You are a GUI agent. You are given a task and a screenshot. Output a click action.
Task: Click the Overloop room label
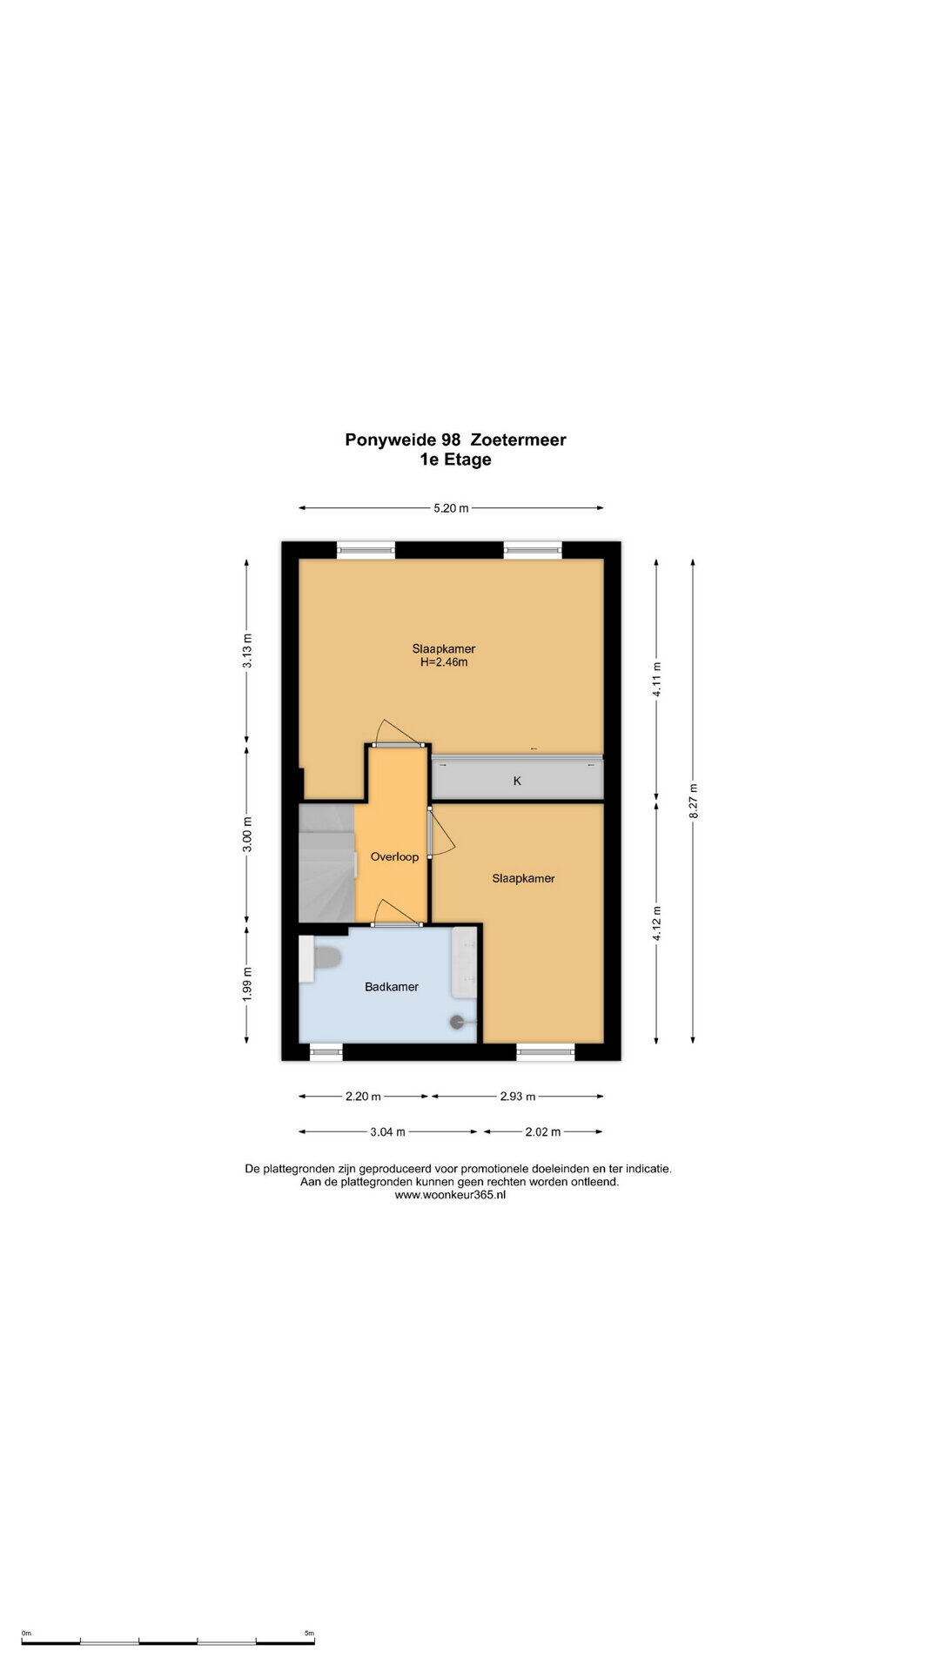394,856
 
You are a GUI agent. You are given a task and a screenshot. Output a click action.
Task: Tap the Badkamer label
392,986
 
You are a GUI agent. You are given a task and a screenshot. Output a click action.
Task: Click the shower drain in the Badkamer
458,1023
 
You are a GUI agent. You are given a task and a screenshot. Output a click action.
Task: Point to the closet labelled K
517,777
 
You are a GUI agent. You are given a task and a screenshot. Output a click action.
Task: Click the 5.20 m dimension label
451,508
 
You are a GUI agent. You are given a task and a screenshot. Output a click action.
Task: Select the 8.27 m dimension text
694,802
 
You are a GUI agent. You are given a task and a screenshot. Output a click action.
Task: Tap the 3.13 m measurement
247,650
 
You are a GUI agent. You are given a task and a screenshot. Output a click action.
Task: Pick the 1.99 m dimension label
247,984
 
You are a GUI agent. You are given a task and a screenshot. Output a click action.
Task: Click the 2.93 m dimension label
517,1097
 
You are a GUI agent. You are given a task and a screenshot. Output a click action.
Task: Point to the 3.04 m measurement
388,1132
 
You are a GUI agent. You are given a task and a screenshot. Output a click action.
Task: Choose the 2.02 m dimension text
543,1132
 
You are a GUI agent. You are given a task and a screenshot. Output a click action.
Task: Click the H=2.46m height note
444,662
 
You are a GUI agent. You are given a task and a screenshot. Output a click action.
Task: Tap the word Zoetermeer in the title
518,440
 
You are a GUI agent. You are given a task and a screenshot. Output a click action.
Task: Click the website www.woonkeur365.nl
450,1195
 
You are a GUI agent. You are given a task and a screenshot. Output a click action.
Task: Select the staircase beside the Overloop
326,862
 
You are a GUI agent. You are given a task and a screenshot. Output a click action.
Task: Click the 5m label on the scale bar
309,1634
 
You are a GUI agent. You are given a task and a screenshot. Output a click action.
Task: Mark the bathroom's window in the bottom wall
326,1052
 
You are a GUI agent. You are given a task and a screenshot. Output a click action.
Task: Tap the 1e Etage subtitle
455,460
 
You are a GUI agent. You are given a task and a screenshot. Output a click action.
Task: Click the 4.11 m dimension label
657,680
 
